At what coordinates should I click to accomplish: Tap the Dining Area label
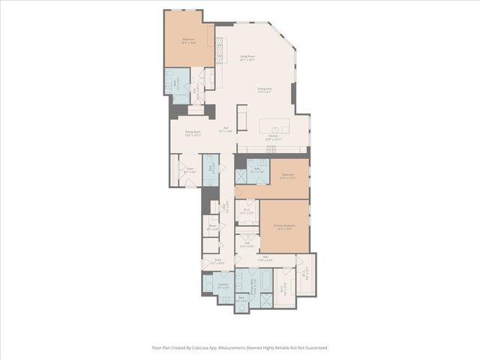click(x=264, y=89)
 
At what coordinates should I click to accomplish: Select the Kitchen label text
click(x=272, y=136)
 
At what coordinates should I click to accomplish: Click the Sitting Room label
click(x=192, y=133)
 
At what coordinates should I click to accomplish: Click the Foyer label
click(x=190, y=169)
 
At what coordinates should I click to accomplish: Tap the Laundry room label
click(x=223, y=285)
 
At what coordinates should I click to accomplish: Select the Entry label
click(x=217, y=262)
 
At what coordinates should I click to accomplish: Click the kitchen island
click(x=279, y=124)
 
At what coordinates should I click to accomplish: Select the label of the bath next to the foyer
click(x=211, y=169)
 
